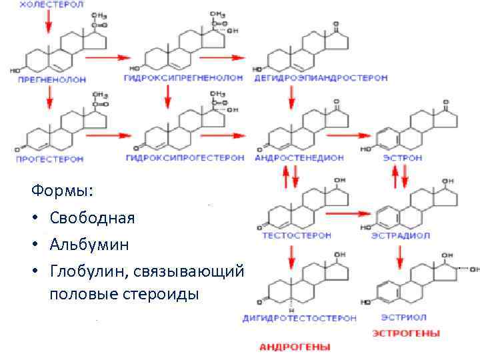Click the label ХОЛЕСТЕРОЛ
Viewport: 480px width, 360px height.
(x=51, y=5)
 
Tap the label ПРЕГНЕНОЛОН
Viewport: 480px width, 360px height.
(x=52, y=79)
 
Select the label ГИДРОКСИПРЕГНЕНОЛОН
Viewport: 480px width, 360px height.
(x=183, y=78)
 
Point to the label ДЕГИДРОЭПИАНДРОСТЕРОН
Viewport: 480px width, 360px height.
(x=321, y=78)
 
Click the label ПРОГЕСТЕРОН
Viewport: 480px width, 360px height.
(x=50, y=159)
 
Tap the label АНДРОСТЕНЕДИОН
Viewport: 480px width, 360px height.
(x=299, y=158)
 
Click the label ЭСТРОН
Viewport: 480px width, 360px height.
(x=402, y=158)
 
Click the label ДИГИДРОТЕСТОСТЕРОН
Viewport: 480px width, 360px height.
(x=299, y=318)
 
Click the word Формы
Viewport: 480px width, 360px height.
(x=62, y=191)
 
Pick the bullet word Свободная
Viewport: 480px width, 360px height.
(x=91, y=218)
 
